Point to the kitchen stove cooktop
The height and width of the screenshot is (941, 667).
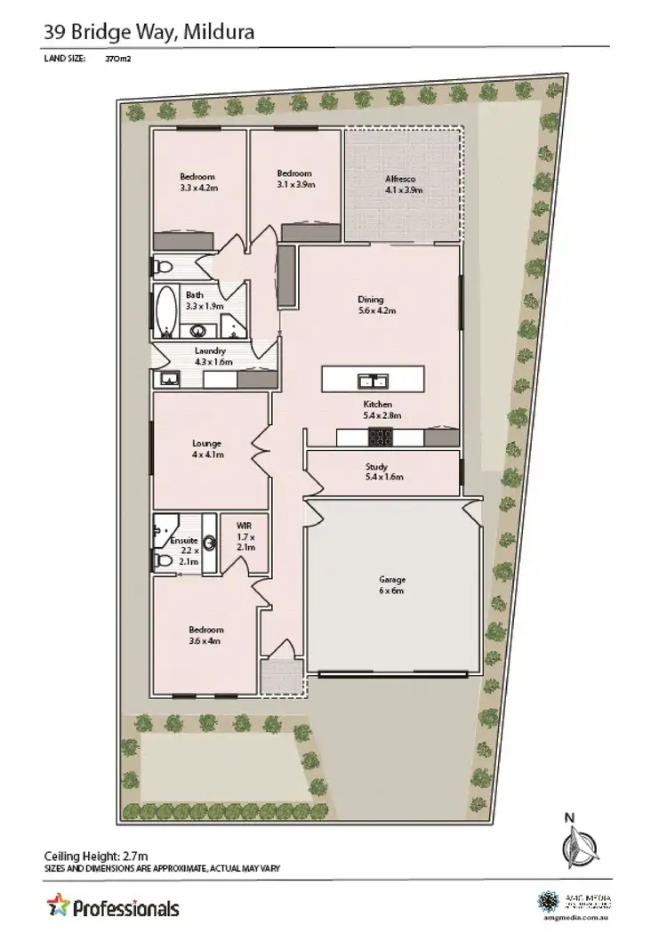381,437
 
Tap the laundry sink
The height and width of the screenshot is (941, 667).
169,380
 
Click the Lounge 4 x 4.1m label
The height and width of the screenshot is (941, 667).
206,448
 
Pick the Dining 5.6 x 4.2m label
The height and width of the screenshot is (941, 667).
371,305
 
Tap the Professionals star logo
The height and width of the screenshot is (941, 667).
58,905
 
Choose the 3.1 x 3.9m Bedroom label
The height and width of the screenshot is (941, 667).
294,179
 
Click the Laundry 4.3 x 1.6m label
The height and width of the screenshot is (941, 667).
213,356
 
